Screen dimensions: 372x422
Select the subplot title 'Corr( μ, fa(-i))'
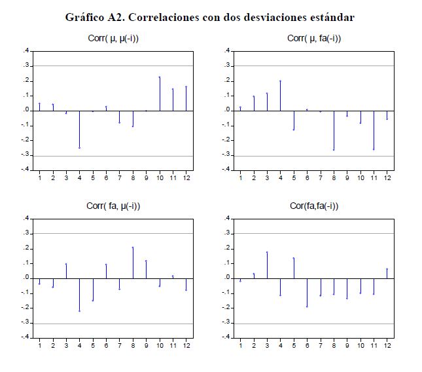tap(314, 39)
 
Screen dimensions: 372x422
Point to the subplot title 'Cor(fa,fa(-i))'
tap(314, 206)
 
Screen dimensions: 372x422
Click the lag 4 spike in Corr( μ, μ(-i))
tap(79, 129)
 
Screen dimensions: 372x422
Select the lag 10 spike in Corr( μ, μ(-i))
tap(160, 94)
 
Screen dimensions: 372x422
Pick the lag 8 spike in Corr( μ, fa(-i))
tap(334, 130)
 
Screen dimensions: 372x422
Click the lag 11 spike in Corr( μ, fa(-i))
tap(374, 130)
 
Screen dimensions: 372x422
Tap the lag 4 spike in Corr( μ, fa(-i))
tap(280, 96)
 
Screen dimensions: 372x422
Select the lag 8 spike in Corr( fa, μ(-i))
tap(133, 263)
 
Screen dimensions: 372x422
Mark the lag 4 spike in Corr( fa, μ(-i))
tap(79, 294)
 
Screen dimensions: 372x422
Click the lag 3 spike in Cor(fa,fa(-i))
tap(267, 265)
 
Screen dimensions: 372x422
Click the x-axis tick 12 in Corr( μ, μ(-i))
tap(186, 177)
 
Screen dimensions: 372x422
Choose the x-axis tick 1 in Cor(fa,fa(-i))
tap(240, 345)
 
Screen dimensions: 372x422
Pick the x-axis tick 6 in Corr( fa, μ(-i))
tap(106, 345)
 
